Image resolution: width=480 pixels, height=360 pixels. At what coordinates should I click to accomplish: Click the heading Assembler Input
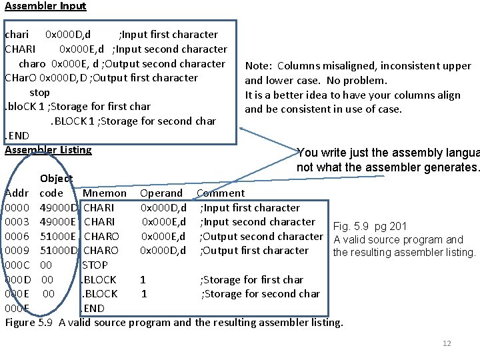(x=45, y=6)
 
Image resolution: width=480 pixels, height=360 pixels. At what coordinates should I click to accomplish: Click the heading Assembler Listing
(x=48, y=150)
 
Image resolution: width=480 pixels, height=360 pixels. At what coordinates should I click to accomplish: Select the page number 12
(x=447, y=343)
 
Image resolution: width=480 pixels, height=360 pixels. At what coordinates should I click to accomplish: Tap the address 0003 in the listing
(x=16, y=222)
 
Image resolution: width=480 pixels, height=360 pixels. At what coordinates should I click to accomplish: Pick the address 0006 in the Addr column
(x=16, y=237)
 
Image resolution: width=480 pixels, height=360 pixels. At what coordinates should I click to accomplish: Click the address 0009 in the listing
(x=16, y=251)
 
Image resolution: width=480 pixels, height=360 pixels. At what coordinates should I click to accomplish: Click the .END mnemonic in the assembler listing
(x=93, y=308)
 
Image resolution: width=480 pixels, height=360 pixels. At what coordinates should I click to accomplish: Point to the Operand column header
(x=161, y=193)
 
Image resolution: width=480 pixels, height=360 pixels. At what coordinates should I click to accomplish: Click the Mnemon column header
(x=104, y=193)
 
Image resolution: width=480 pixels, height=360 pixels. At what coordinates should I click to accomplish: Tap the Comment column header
(x=221, y=193)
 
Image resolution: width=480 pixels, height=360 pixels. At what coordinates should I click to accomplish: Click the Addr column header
(x=17, y=193)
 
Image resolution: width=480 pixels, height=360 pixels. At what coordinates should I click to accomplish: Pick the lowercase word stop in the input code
(x=39, y=93)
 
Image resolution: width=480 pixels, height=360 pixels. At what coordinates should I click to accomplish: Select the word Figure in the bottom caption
(x=20, y=323)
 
